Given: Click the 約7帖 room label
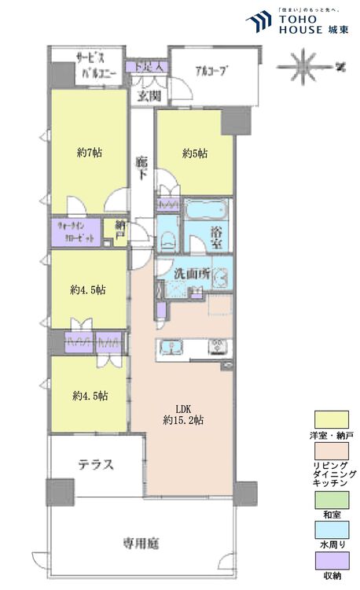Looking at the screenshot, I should click(x=88, y=153).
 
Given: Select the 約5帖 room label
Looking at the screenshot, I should click(x=195, y=153).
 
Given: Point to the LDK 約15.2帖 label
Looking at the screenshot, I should click(x=184, y=414).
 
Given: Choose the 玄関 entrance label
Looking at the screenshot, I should click(x=149, y=96).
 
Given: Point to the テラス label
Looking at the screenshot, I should click(x=96, y=464).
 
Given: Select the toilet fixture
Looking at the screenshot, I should click(x=167, y=238).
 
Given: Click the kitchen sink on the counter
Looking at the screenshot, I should click(x=171, y=348).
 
